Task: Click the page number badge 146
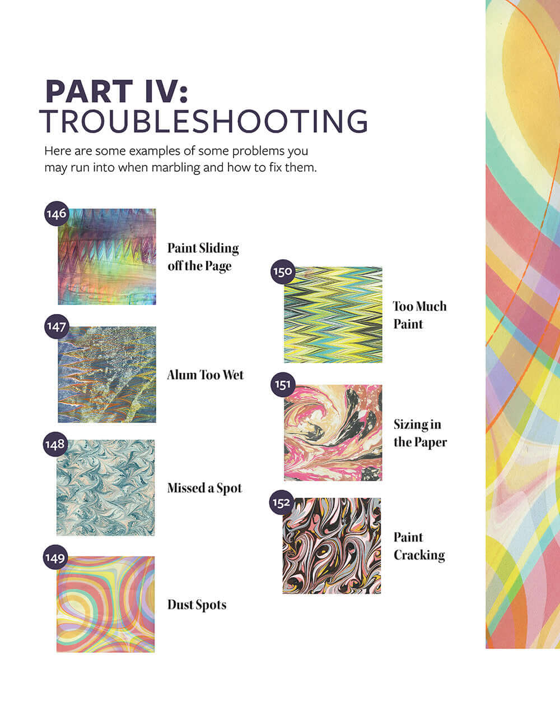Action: click(x=57, y=214)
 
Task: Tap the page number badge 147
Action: click(x=57, y=326)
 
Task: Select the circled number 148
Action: click(x=55, y=444)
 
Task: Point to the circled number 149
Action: click(x=55, y=558)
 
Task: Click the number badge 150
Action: click(x=283, y=272)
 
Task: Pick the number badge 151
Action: click(x=283, y=385)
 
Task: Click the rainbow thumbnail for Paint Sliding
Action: click(x=107, y=257)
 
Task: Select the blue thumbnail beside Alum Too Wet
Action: click(x=107, y=375)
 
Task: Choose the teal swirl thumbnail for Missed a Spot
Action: click(x=106, y=488)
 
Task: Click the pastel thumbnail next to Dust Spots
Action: click(x=106, y=605)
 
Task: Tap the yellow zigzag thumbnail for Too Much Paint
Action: click(x=333, y=315)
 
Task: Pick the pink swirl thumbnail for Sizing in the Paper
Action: click(x=333, y=433)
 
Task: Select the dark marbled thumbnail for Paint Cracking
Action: click(x=332, y=546)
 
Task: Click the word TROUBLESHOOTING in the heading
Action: click(x=204, y=121)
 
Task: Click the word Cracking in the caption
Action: click(x=419, y=555)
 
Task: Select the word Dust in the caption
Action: click(x=180, y=605)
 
